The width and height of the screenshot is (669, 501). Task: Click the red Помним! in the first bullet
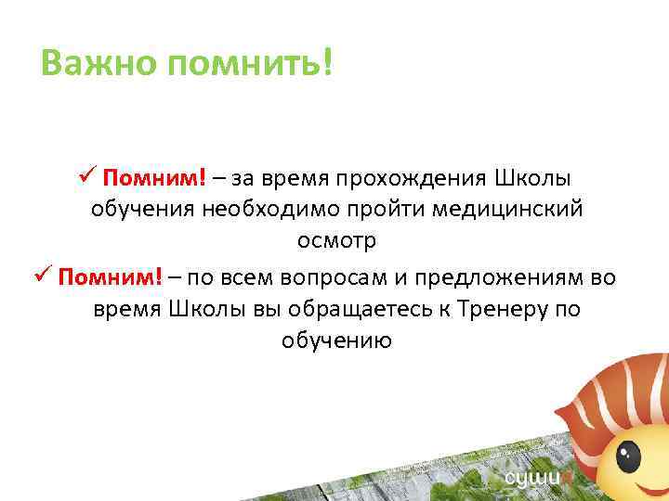[x=169, y=177]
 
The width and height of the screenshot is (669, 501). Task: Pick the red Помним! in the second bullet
[x=109, y=276]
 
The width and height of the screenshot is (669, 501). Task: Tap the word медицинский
[x=519, y=209]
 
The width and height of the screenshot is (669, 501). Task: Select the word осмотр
[x=336, y=241]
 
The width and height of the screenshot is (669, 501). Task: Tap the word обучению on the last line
[x=336, y=341]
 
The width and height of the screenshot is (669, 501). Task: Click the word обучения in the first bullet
[x=143, y=209]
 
